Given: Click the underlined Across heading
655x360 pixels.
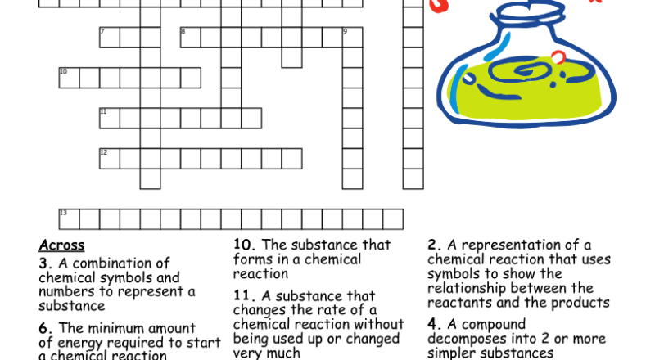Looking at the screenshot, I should click(61, 245).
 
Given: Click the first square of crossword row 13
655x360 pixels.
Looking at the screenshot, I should click(69, 218).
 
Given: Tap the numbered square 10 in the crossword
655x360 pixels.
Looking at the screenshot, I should click(69, 78).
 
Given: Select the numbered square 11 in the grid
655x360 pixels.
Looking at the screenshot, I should click(110, 118).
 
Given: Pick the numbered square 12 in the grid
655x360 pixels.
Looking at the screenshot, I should click(110, 158).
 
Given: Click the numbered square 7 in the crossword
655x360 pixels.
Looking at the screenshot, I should click(110, 38).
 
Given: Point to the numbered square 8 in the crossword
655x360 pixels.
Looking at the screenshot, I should click(190, 38).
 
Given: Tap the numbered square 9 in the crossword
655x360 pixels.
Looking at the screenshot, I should click(352, 38).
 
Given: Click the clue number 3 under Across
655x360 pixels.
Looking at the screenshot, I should click(43, 263).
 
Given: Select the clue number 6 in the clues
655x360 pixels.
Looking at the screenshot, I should click(43, 328).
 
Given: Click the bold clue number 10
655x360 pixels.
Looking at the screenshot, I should click(242, 245).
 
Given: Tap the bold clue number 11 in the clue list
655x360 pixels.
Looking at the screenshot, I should click(242, 295).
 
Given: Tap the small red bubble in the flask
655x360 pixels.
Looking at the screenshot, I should click(558, 57).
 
